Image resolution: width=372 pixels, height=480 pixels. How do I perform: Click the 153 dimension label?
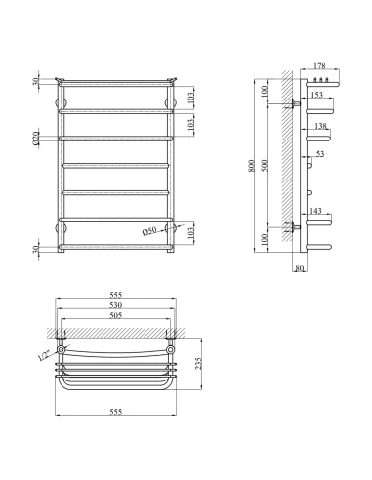pos(318,95)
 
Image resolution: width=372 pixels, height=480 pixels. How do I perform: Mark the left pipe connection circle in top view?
pos(62,349)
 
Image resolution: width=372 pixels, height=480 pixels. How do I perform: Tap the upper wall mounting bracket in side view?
pos(292,102)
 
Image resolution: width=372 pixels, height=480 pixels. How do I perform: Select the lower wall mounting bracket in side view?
pos(292,229)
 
